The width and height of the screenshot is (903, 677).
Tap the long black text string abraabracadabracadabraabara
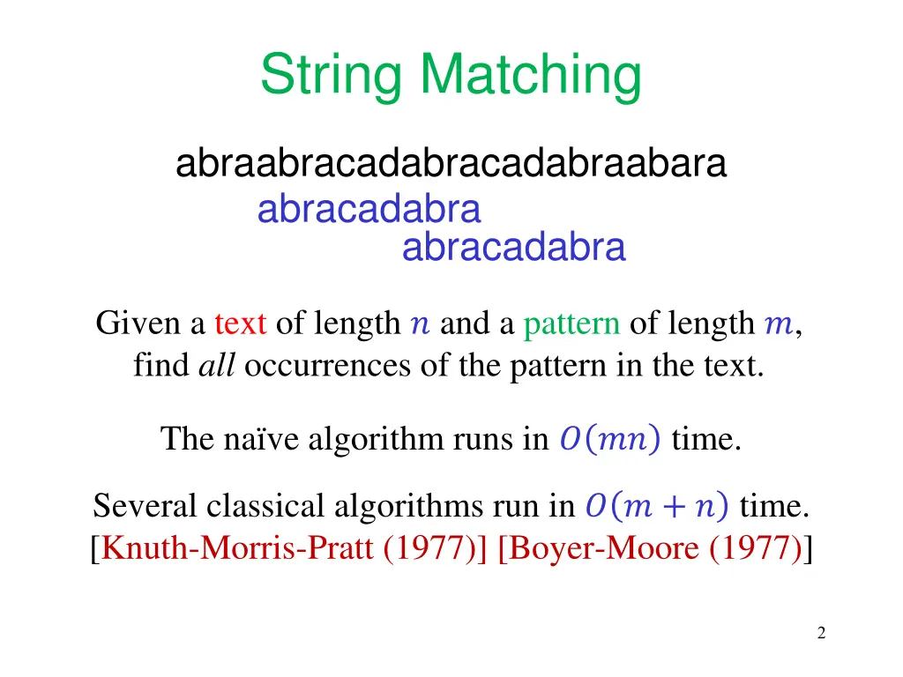(x=451, y=165)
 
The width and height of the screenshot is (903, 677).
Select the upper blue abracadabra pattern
(x=369, y=211)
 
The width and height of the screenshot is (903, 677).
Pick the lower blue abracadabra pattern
(x=513, y=249)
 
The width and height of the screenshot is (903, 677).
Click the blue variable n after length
(x=420, y=326)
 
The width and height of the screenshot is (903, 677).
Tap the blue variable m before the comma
(x=778, y=326)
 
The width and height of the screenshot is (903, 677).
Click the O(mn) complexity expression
(x=609, y=438)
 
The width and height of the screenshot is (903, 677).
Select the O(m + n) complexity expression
(x=657, y=507)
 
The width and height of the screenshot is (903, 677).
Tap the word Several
(x=145, y=507)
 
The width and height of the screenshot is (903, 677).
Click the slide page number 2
(x=821, y=633)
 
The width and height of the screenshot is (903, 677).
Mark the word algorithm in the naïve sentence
(x=377, y=438)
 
